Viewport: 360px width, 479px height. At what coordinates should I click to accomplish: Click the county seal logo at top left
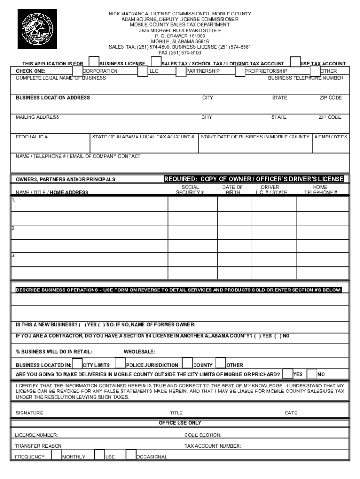(x=37, y=29)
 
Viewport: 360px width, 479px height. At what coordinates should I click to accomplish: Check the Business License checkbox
(x=94, y=62)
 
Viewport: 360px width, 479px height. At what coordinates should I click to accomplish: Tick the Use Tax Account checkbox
(x=295, y=62)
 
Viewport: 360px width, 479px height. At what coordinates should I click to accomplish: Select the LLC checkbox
(x=143, y=71)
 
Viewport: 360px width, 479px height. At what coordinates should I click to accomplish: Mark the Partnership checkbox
(x=181, y=71)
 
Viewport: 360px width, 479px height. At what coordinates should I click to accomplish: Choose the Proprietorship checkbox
(x=240, y=71)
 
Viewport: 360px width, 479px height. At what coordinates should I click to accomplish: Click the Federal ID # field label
(x=32, y=137)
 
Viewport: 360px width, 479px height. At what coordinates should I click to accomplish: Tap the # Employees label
(x=331, y=137)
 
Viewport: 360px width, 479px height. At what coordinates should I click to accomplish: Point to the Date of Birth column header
(x=232, y=189)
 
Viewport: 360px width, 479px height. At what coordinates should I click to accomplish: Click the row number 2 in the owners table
(x=14, y=228)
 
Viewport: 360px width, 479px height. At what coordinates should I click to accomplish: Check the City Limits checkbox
(x=77, y=363)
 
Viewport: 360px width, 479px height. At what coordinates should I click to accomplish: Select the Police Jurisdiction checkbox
(x=120, y=363)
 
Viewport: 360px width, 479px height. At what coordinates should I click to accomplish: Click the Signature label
(x=29, y=413)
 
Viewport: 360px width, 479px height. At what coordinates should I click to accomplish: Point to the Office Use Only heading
(x=180, y=423)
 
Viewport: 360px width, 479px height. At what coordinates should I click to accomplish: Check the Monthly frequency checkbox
(x=56, y=455)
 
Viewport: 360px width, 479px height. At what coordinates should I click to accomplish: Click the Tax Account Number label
(x=213, y=446)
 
